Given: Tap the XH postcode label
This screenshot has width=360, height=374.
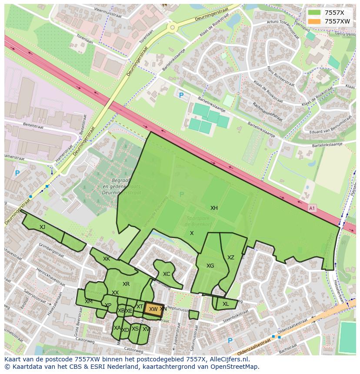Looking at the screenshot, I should click(x=214, y=208).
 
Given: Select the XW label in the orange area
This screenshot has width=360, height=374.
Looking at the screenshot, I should click(x=153, y=309).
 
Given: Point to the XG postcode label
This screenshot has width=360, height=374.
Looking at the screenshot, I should click(x=210, y=266).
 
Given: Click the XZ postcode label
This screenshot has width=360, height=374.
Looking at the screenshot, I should click(x=231, y=258).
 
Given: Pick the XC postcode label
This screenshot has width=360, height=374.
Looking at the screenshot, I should click(x=167, y=274).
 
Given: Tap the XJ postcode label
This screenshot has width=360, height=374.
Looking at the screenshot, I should click(x=42, y=227).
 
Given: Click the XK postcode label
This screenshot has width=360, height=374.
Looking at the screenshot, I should click(x=107, y=259).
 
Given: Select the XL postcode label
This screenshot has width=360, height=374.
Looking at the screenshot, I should click(x=226, y=304).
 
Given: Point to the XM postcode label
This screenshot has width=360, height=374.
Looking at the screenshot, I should click(x=89, y=301).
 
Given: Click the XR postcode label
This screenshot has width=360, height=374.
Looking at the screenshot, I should click(x=126, y=284).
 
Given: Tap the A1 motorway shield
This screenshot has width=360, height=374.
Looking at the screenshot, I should click(x=311, y=208).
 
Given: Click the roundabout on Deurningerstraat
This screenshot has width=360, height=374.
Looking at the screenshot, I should click(x=173, y=28).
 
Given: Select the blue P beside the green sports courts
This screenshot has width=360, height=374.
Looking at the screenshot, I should click(x=181, y=95).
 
